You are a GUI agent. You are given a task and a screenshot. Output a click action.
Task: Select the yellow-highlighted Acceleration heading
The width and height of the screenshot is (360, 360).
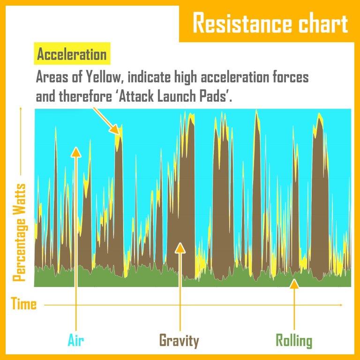(x=72, y=55)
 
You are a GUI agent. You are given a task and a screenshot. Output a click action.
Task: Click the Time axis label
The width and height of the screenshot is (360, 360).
(x=23, y=304)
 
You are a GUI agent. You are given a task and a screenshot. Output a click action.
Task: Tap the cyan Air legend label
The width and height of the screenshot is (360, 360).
(x=75, y=340)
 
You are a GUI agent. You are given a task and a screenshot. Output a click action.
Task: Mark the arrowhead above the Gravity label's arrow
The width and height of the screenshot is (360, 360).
(x=179, y=247)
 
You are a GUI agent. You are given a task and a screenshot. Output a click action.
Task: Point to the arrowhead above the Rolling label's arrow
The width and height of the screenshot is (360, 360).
(x=294, y=283)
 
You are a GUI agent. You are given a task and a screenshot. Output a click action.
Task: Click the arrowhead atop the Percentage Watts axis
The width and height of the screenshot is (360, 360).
(x=20, y=110)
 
